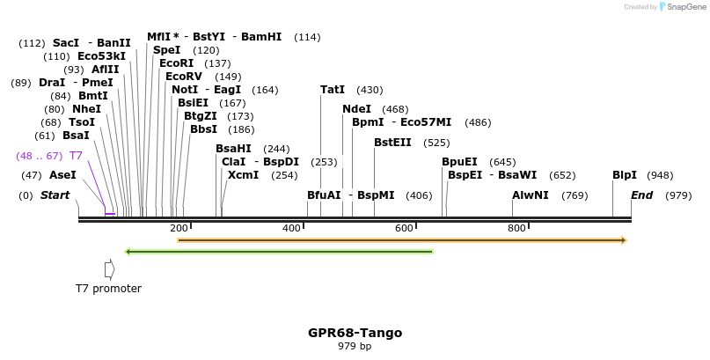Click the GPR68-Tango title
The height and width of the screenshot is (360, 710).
pyautogui.click(x=355, y=333)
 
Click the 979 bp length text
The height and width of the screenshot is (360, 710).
pyautogui.click(x=355, y=346)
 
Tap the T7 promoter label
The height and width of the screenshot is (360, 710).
pyautogui.click(x=108, y=288)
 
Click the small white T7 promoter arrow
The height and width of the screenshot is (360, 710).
pyautogui.click(x=109, y=269)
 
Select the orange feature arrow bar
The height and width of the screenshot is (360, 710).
pyautogui.click(x=401, y=239)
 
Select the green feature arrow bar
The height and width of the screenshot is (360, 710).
pyautogui.click(x=280, y=252)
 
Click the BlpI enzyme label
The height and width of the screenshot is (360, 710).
pyautogui.click(x=625, y=175)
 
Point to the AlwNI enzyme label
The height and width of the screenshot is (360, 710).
pyautogui.click(x=531, y=195)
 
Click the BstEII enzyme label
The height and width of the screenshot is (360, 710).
pyautogui.click(x=392, y=142)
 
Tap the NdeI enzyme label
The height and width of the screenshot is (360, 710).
pyautogui.click(x=356, y=109)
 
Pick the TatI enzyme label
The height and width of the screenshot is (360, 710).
pyautogui.click(x=333, y=90)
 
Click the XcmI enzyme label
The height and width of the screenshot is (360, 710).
pyautogui.click(x=244, y=175)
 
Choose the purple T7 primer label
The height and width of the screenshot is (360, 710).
pyautogui.click(x=76, y=156)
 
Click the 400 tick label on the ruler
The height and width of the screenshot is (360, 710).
pyautogui.click(x=292, y=229)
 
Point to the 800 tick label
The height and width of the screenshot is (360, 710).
pyautogui.click(x=517, y=229)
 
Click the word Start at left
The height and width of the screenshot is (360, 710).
pyautogui.click(x=55, y=195)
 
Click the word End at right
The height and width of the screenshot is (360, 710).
pyautogui.click(x=641, y=195)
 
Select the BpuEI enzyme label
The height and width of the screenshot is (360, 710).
pyautogui.click(x=459, y=162)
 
